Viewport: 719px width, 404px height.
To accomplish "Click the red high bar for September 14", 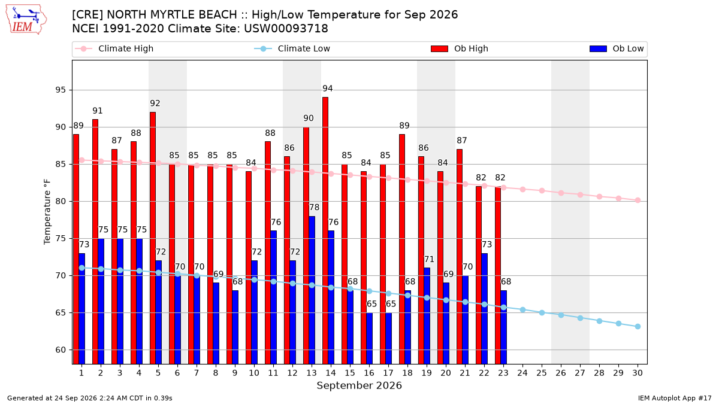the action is (x=325, y=230).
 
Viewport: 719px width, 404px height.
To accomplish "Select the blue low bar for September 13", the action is (x=312, y=290).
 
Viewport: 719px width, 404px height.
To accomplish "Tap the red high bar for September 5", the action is (x=152, y=238).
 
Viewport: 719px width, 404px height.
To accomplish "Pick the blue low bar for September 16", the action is (x=370, y=338).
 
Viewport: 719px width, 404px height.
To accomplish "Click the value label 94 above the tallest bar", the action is (x=327, y=89).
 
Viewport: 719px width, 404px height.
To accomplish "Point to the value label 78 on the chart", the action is (x=314, y=208).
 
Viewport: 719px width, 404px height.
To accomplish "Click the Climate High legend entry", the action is (x=114, y=48).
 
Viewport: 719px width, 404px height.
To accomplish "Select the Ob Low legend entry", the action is (x=617, y=48).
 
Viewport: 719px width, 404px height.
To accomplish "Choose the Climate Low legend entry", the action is (x=292, y=48).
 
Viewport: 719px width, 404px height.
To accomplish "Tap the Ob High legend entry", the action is (x=460, y=48).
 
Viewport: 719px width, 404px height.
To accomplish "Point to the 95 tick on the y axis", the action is (x=61, y=90).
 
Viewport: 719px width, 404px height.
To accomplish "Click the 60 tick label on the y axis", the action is (x=61, y=350).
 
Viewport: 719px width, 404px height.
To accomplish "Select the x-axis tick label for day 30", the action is (x=638, y=373).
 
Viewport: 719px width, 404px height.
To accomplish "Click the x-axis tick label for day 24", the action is (x=522, y=373).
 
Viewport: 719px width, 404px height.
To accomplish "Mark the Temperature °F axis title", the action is (x=47, y=212).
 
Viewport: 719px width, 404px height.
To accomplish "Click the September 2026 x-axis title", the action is (x=359, y=385).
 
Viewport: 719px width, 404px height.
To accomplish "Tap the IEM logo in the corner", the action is (x=26, y=20).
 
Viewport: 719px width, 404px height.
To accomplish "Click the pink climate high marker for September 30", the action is (x=638, y=201).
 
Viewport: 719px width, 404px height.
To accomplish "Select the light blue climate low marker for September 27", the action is (x=580, y=318).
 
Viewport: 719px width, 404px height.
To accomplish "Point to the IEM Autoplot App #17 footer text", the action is (x=675, y=398).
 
